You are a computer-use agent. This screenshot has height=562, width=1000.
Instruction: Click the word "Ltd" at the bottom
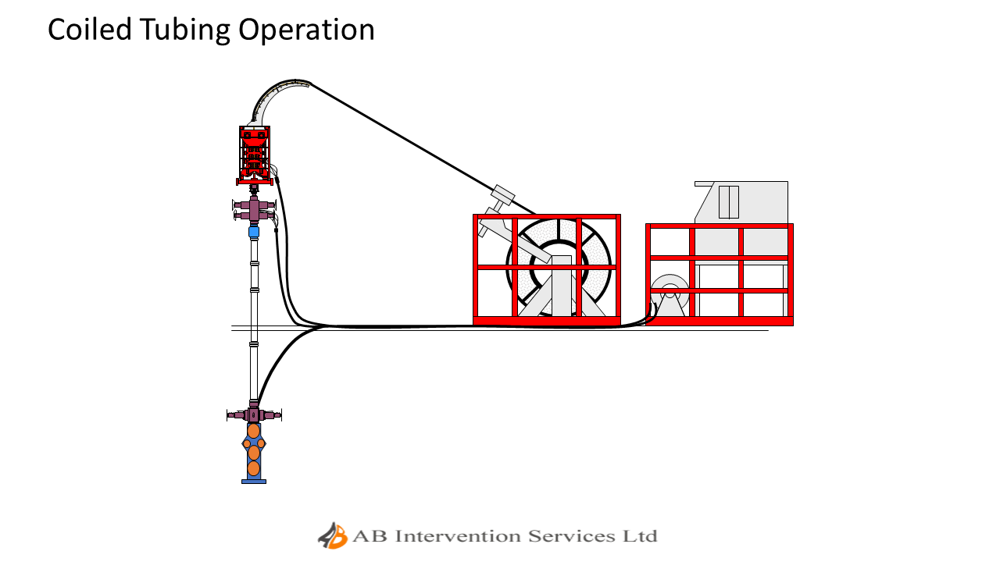point(640,536)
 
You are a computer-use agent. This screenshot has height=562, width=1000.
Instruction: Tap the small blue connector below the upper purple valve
point(253,232)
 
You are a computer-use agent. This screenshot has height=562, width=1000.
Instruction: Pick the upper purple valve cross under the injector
point(253,208)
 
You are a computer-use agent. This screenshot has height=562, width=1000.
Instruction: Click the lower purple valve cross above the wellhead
point(253,414)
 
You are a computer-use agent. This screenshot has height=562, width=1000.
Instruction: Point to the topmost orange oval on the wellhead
point(253,431)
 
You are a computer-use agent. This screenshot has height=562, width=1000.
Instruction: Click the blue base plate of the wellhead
point(253,482)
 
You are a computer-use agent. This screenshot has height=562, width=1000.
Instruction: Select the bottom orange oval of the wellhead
point(253,468)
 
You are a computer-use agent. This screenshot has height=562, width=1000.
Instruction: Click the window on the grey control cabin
point(728,201)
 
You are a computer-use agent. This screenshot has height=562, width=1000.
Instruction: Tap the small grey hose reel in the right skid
point(670,295)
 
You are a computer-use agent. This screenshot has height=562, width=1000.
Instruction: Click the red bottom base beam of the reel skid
point(546,320)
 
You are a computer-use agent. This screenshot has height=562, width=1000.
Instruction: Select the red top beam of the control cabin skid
point(719,226)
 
